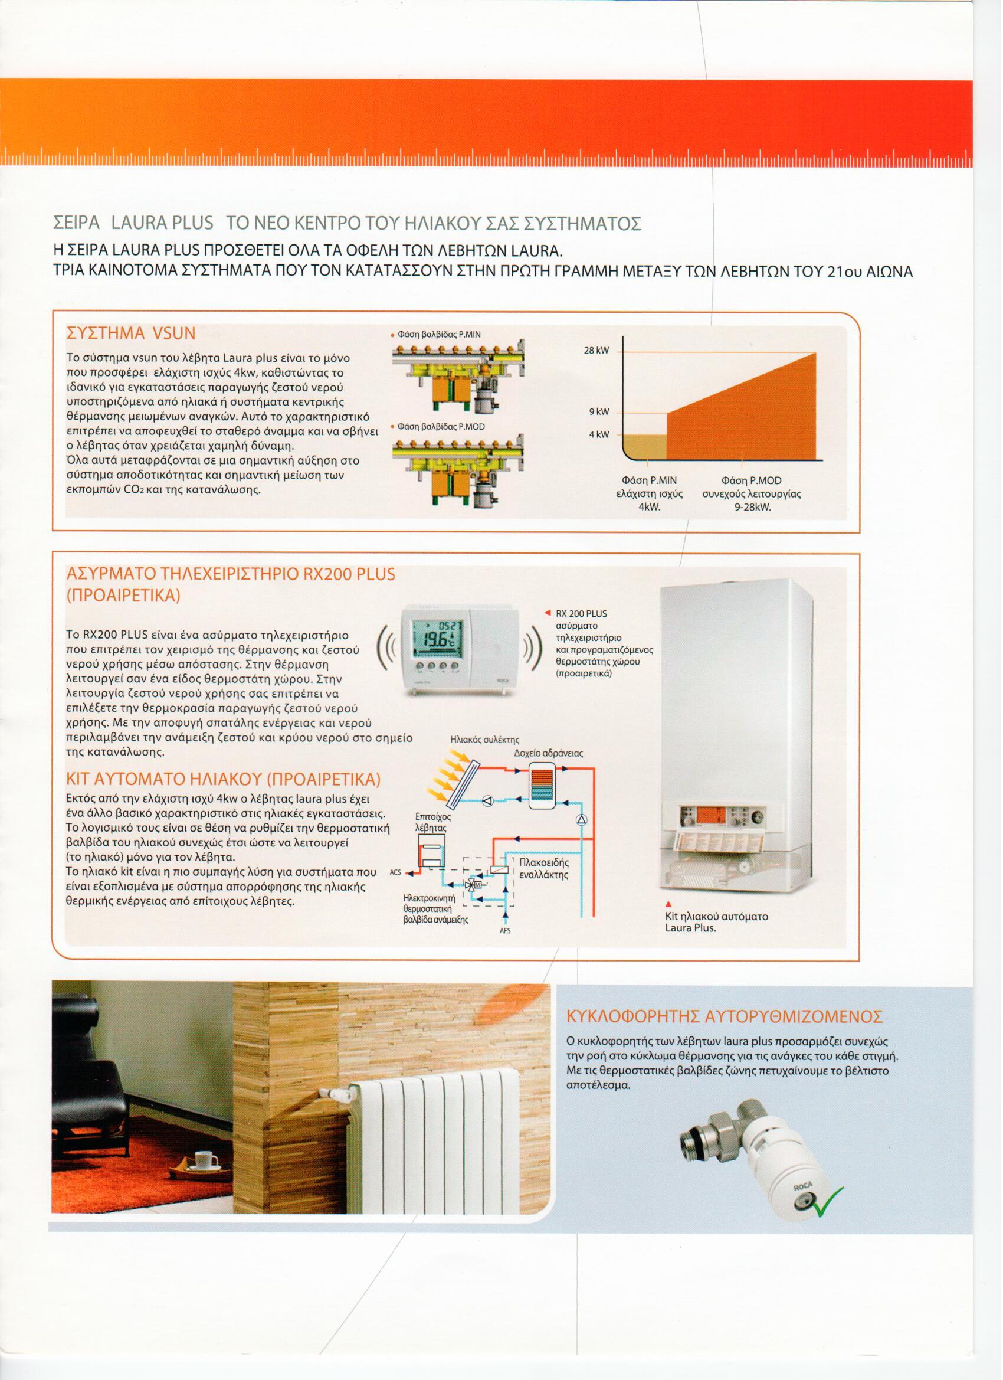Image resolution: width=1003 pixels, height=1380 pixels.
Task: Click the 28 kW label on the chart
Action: tap(597, 352)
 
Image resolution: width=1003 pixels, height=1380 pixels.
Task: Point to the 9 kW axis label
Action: tap(598, 413)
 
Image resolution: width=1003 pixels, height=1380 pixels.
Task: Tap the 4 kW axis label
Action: tap(598, 435)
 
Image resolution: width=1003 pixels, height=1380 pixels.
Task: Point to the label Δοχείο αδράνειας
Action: tap(548, 753)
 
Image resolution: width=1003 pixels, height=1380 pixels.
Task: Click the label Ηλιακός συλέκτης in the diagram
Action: tap(484, 741)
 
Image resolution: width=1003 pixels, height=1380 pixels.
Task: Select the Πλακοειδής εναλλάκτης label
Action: tap(545, 869)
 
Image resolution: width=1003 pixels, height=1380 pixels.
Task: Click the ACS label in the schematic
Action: tap(395, 872)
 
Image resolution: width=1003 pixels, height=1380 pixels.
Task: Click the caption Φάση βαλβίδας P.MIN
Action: tap(438, 334)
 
